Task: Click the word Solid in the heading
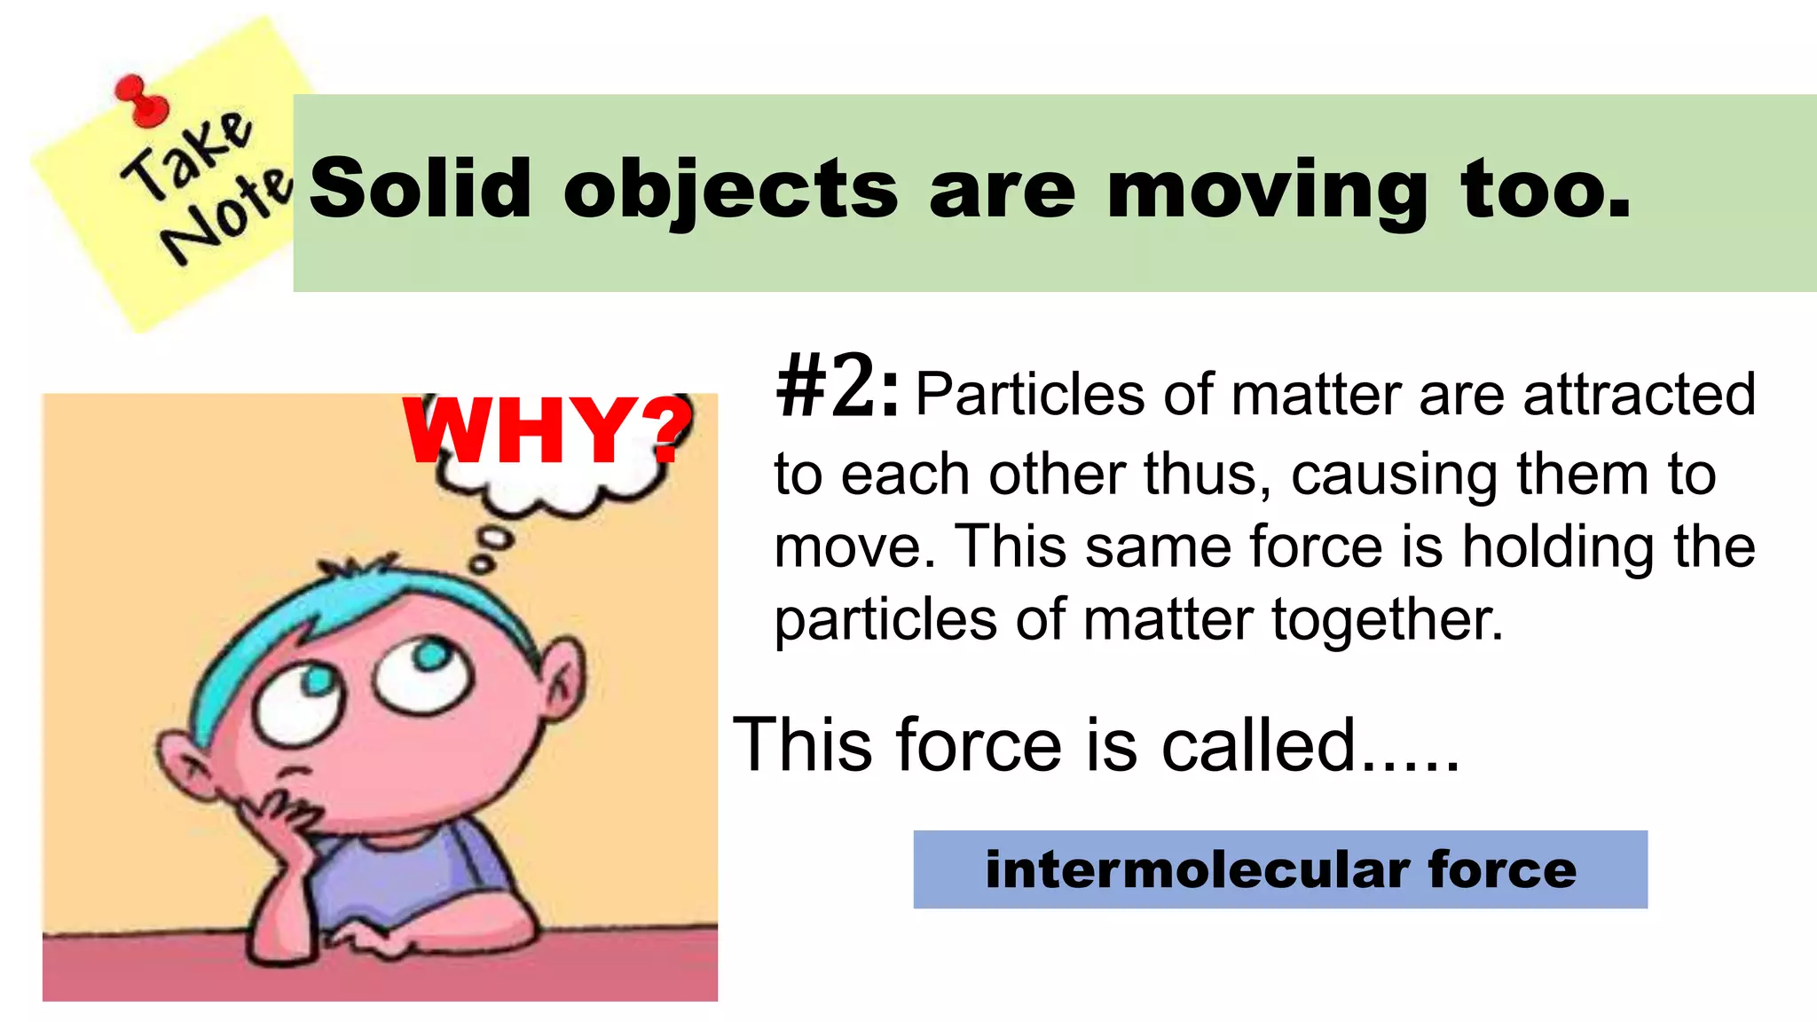tap(420, 188)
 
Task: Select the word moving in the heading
tap(1268, 190)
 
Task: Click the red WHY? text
tap(547, 430)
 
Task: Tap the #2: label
tap(837, 388)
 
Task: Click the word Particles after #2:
tap(1029, 394)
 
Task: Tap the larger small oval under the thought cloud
tap(494, 538)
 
